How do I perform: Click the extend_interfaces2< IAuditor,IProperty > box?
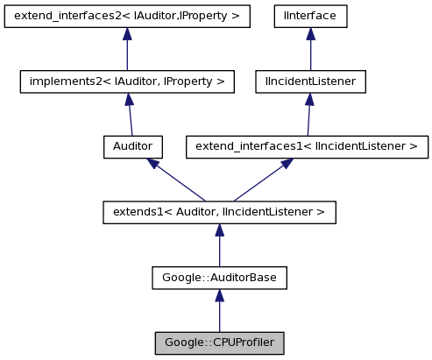[127, 16]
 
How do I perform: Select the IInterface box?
[310, 16]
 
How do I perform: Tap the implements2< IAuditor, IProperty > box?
[127, 81]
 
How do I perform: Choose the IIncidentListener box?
[309, 81]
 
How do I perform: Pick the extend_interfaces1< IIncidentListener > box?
[307, 146]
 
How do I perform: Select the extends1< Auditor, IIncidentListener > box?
[219, 211]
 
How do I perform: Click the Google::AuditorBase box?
[219, 277]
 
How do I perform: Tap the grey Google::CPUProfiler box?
[219, 342]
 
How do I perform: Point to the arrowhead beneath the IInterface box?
[310, 34]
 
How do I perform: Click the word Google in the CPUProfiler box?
[181, 342]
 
